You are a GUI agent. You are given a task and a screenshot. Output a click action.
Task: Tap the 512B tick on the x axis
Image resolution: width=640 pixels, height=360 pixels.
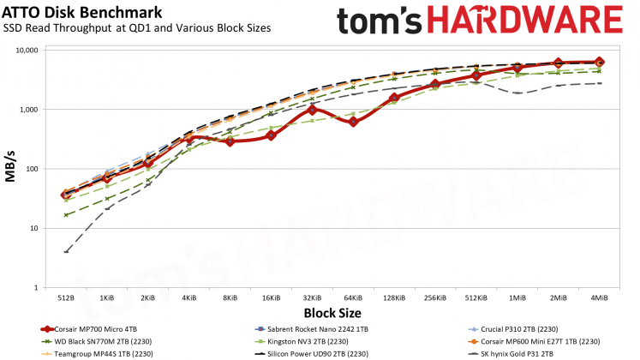(x=66, y=297)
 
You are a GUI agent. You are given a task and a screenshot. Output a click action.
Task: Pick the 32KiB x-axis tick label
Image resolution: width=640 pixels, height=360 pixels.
(x=312, y=297)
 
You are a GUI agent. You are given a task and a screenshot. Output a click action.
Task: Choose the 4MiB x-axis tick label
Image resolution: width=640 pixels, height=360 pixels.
(x=599, y=297)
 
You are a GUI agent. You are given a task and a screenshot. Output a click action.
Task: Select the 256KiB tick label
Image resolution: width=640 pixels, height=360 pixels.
(x=434, y=297)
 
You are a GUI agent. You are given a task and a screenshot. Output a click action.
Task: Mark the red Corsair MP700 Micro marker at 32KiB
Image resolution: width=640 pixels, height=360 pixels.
(x=313, y=110)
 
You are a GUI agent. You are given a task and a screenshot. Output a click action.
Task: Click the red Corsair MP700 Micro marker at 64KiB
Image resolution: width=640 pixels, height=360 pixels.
(x=353, y=122)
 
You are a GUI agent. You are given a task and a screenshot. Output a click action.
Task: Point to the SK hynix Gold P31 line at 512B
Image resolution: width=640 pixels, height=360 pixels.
(x=66, y=251)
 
